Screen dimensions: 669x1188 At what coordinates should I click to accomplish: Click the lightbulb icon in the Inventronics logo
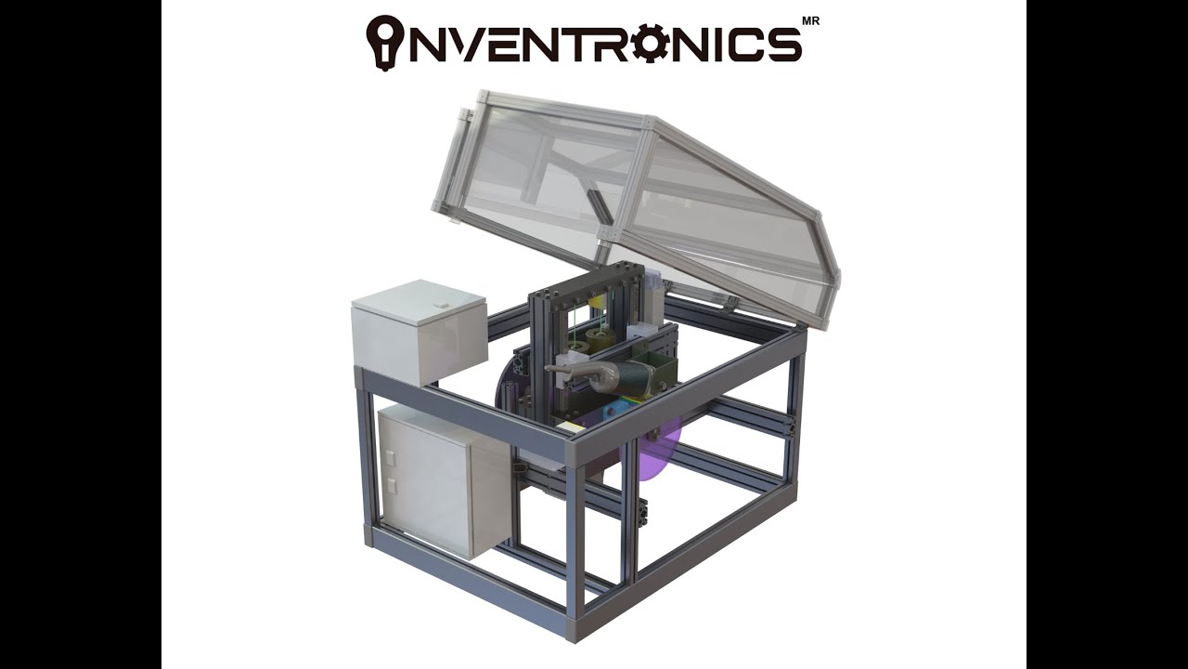[x=384, y=40]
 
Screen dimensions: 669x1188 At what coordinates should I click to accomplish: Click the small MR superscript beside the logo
[x=810, y=21]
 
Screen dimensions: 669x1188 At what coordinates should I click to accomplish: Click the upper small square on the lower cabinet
[x=391, y=457]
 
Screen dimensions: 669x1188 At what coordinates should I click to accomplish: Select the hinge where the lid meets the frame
[x=729, y=301]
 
